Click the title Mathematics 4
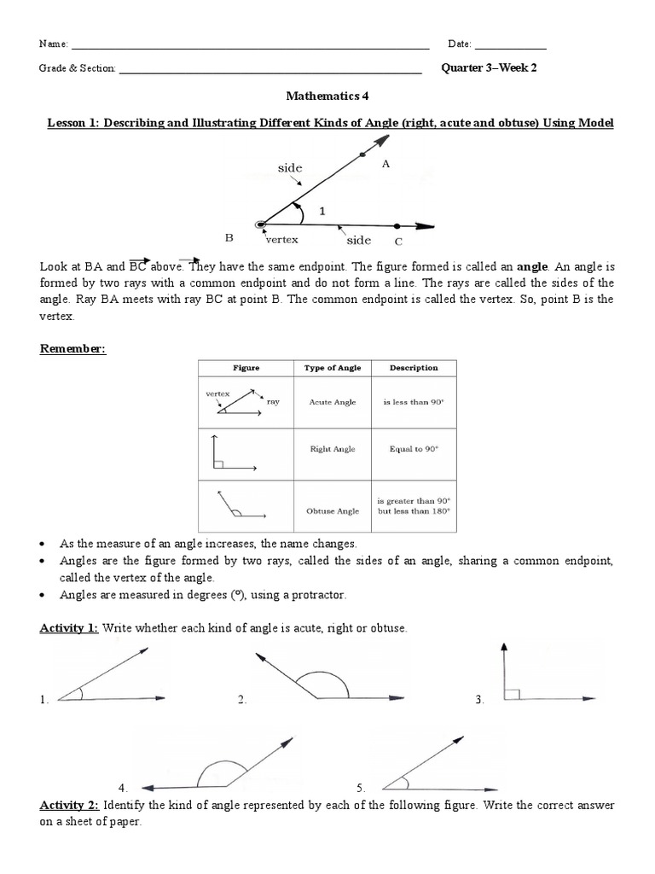tap(327, 97)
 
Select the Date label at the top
tap(459, 44)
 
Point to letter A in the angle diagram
tap(385, 165)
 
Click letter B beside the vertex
tap(229, 238)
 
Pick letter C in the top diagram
tap(397, 242)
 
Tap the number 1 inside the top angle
tap(322, 209)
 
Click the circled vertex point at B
tap(261, 224)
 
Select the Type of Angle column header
tap(333, 368)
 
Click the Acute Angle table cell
tap(333, 401)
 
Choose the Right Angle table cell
tap(333, 449)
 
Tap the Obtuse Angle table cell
tap(333, 511)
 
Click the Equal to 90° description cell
tap(414, 449)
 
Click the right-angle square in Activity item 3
tap(511, 694)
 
